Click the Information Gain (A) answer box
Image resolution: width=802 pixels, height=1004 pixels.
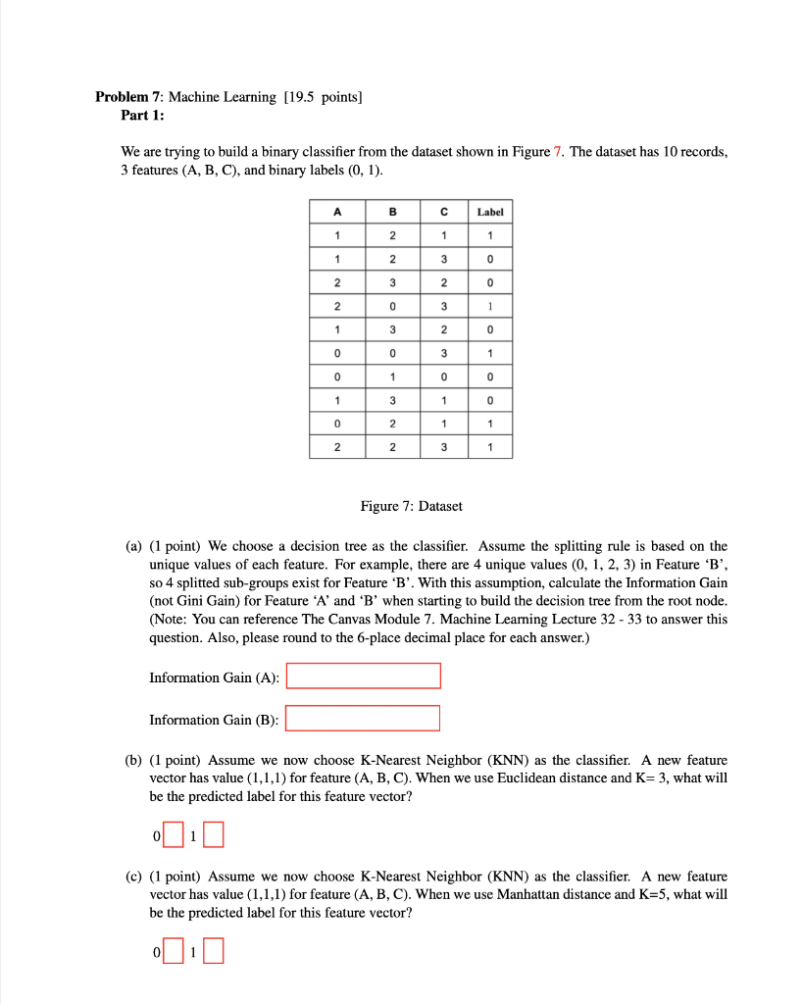[x=364, y=677]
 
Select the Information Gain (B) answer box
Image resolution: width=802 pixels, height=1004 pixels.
[x=363, y=719]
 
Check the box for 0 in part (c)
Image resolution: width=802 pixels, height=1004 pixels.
[x=174, y=951]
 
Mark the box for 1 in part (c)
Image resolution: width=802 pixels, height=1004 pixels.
[x=214, y=951]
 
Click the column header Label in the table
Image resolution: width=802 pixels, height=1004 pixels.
[x=489, y=211]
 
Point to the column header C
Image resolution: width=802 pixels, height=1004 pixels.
[x=443, y=211]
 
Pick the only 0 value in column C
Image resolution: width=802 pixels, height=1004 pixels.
[x=443, y=376]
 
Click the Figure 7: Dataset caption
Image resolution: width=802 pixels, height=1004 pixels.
[x=411, y=506]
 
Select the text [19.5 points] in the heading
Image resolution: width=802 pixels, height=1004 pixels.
[x=323, y=96]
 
